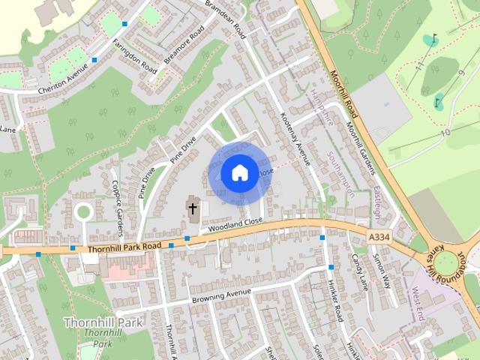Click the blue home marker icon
(x=238, y=173)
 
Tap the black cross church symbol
(x=193, y=207)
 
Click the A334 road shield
(x=380, y=237)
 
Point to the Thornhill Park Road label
(x=124, y=246)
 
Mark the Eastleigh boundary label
(x=376, y=202)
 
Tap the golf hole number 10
(x=445, y=133)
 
